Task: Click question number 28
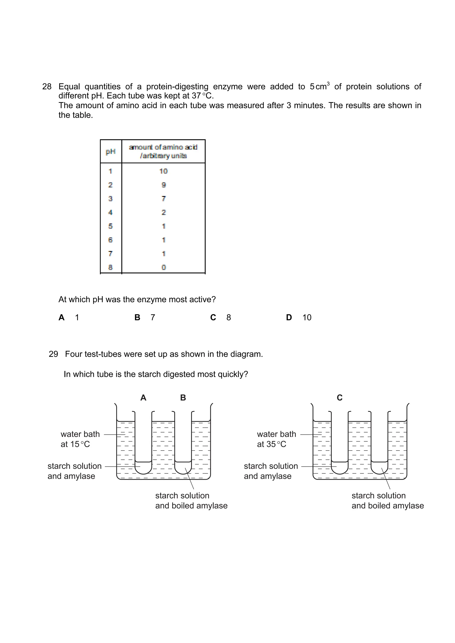pyautogui.click(x=47, y=87)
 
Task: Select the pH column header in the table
pyautogui.click(x=111, y=151)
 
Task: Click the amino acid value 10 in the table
pyautogui.click(x=163, y=171)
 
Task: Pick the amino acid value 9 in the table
pyautogui.click(x=164, y=185)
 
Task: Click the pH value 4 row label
pyautogui.click(x=110, y=212)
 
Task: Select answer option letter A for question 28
pyautogui.click(x=62, y=318)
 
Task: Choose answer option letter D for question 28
pyautogui.click(x=289, y=318)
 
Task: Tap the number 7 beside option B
pyautogui.click(x=153, y=318)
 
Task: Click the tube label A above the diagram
pyautogui.click(x=143, y=398)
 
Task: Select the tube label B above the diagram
pyautogui.click(x=183, y=398)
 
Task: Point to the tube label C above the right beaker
pyautogui.click(x=339, y=398)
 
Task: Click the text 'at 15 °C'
pyautogui.click(x=75, y=444)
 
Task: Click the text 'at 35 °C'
pyautogui.click(x=271, y=444)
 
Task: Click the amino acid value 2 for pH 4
pyautogui.click(x=164, y=212)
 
